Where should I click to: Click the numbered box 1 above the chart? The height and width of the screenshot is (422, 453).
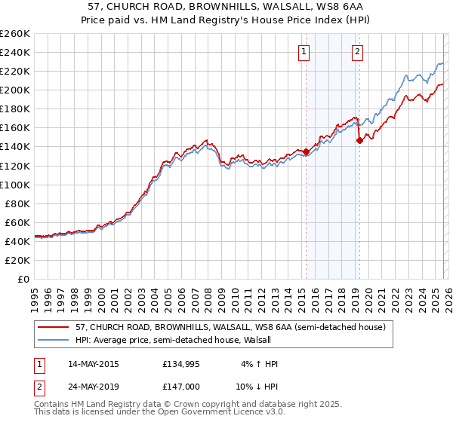(304, 52)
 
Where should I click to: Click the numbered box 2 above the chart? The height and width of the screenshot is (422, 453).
(357, 52)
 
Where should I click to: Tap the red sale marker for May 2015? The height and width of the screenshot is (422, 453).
(306, 151)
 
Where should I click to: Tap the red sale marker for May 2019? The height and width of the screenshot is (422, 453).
(359, 140)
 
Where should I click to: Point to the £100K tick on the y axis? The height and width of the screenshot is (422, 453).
(15, 185)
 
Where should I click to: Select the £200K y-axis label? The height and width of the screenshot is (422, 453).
(15, 90)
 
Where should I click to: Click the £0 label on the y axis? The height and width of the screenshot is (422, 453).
(23, 279)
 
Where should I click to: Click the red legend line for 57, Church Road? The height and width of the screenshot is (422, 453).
(54, 327)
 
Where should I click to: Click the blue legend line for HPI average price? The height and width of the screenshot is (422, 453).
(54, 340)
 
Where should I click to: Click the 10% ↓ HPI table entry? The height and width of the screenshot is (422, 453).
(253, 388)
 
